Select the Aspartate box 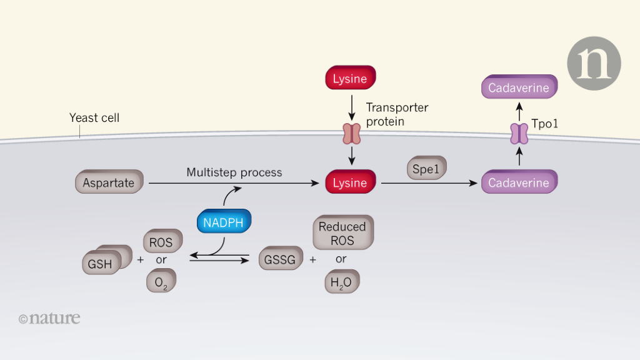coord(109,183)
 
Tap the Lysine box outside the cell coord(350,79)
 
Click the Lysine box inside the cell coord(350,183)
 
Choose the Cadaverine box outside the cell coord(519,88)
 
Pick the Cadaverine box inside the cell coord(519,183)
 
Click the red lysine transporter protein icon coord(351,134)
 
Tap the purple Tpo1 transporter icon coord(519,134)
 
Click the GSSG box coord(280,259)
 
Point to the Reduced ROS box coord(342,234)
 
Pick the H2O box coord(342,282)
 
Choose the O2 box coord(161,281)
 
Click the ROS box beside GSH coord(162,242)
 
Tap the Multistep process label coord(234,172)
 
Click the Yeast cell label coord(94,117)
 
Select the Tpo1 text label coord(544,124)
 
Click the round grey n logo coord(594,64)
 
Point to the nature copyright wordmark coord(49,318)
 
